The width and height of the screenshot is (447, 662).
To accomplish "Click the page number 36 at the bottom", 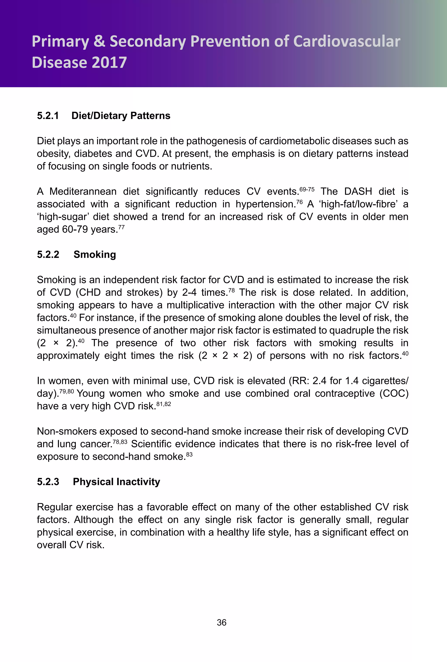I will point(222,622).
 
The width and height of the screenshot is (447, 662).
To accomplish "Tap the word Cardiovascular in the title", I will point(347,41).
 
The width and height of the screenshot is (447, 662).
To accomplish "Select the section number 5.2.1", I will point(48,116).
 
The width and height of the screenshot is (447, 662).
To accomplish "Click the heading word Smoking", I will point(95,254).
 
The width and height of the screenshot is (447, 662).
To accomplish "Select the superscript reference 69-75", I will point(307,189).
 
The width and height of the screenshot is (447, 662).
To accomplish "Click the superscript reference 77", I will point(122,227).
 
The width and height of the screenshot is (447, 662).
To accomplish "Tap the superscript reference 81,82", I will point(164,404).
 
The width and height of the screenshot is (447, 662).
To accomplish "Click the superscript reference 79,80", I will point(67,391).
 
